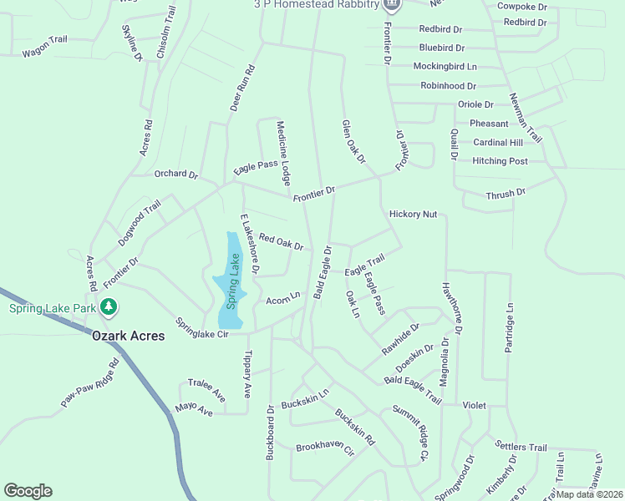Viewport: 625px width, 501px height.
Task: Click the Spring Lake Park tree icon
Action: click(108, 308)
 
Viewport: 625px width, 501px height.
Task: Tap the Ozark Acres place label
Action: click(129, 336)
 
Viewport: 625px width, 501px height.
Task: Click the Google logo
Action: click(28, 491)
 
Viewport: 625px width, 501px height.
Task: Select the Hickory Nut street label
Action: click(413, 215)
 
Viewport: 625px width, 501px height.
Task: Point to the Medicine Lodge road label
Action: click(284, 152)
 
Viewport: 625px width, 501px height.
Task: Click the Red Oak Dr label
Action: click(281, 242)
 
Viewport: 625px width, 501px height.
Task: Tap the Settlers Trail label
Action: click(521, 447)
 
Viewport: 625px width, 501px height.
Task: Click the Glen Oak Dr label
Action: click(353, 141)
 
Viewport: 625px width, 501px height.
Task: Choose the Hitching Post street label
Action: click(500, 161)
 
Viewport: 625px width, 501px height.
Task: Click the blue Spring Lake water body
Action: click(231, 281)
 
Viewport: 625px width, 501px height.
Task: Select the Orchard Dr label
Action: click(175, 175)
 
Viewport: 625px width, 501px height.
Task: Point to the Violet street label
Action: click(474, 405)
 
